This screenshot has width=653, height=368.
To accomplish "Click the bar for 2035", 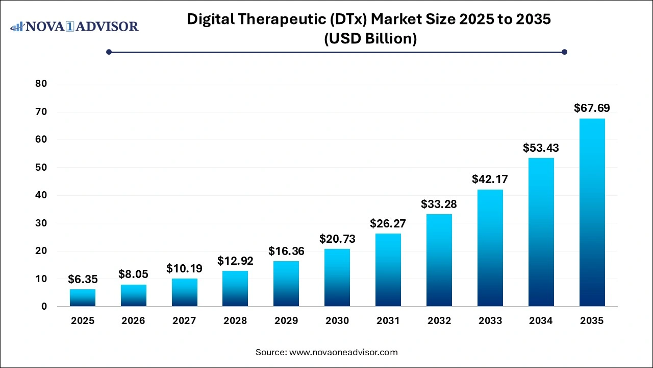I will pos(592,212).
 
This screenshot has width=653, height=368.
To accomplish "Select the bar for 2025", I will pos(83,297).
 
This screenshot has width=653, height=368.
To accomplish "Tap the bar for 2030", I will pos(337,278).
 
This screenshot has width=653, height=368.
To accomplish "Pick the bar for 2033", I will pos(490,248).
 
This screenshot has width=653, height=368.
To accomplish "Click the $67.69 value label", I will pos(592,108).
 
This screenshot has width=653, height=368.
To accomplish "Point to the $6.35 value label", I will pos(83,279).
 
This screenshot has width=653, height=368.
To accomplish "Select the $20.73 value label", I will pos(337,239).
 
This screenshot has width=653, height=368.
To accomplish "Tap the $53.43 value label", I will pos(541,148).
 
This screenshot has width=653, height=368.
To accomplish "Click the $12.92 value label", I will pos(235,261).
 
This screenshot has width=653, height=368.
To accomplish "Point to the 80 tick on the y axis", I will pos(41,84).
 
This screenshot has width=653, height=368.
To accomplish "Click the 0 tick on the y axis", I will pos(44,307).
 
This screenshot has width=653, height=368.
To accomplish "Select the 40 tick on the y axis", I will pos(41,195).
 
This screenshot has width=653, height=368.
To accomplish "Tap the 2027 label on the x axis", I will pos(184,321).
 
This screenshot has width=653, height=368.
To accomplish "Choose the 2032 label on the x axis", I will pos(439,321).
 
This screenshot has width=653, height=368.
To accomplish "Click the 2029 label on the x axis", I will pos(286,321).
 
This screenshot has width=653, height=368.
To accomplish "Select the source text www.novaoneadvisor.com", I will pos(343,352).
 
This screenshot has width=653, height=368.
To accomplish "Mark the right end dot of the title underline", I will pos(564,52).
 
